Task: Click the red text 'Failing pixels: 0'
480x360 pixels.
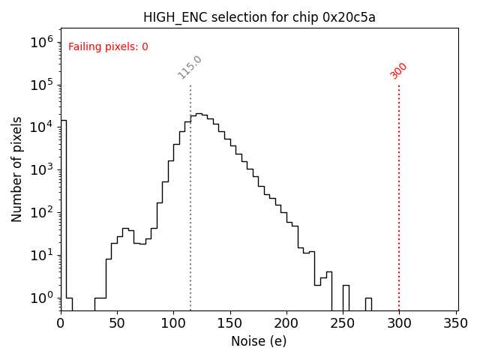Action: tap(108, 46)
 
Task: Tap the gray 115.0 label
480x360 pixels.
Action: tap(190, 67)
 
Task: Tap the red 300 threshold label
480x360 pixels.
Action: tap(399, 70)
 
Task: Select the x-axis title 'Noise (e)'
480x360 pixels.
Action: tap(259, 341)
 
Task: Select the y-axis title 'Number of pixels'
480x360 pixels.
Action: tap(17, 169)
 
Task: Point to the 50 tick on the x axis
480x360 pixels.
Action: tap(117, 323)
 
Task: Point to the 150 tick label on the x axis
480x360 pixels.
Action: tap(230, 323)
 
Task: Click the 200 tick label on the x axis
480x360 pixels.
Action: tap(286, 323)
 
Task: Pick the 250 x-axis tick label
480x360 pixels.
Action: tap(343, 323)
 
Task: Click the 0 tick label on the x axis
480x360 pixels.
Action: tap(61, 323)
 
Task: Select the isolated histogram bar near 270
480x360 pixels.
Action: tap(368, 304)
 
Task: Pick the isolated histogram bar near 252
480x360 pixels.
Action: tap(346, 297)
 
